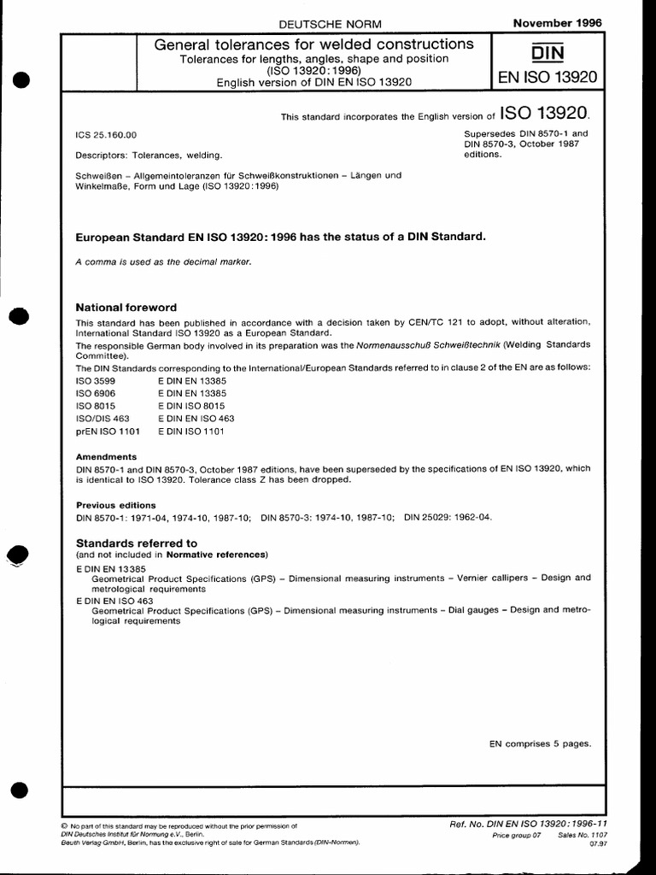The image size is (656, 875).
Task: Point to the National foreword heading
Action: [x=126, y=307]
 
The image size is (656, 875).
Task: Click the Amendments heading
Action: [x=106, y=456]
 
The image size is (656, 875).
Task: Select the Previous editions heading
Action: [x=116, y=504]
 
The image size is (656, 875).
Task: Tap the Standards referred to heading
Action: [x=137, y=543]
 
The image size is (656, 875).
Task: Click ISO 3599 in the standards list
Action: [x=97, y=379]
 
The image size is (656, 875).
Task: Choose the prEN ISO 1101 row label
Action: [x=108, y=432]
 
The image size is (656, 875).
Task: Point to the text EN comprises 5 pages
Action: [x=540, y=743]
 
